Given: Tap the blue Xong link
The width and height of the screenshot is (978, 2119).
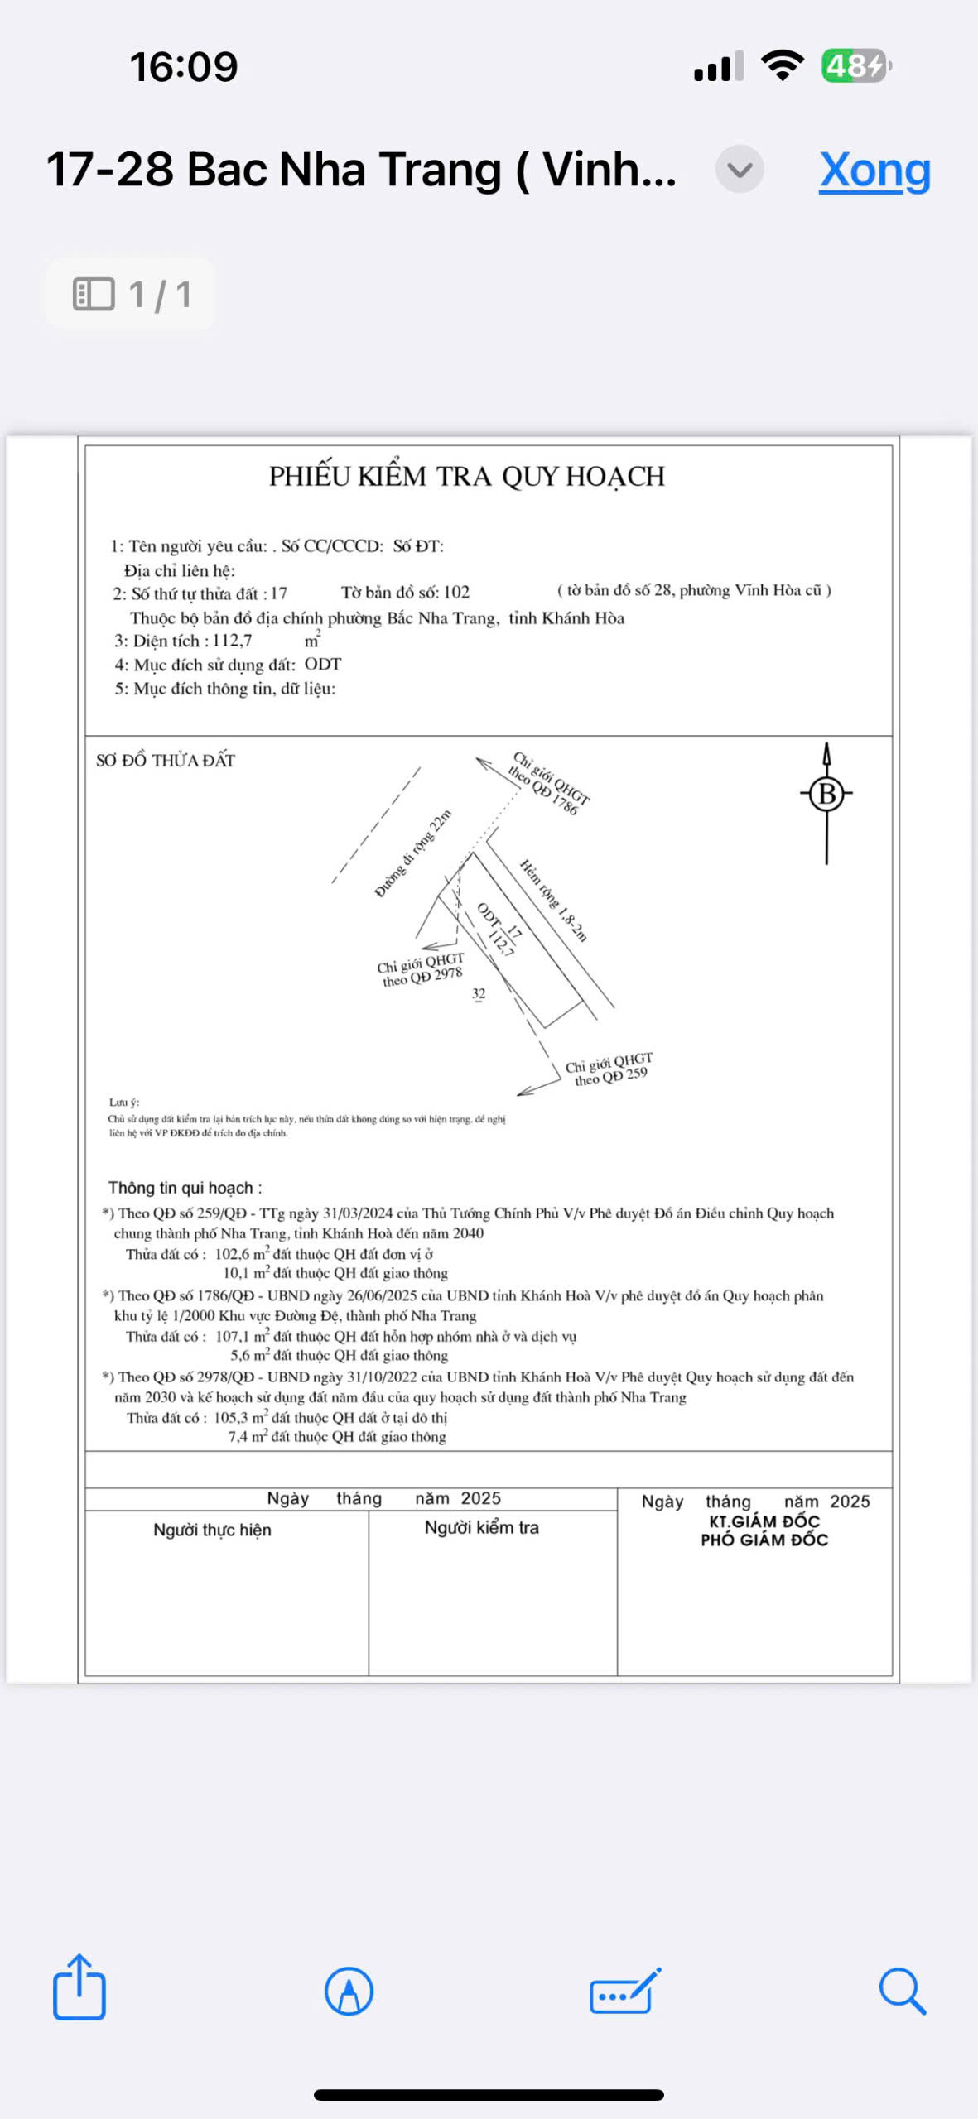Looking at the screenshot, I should click(x=874, y=171).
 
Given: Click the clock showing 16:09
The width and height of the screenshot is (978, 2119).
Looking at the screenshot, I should click(x=183, y=67).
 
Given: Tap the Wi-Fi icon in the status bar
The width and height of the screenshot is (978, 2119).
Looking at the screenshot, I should click(x=783, y=65).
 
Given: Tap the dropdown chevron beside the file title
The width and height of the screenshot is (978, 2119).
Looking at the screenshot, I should click(x=739, y=170).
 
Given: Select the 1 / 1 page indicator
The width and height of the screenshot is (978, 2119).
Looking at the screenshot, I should click(x=132, y=295).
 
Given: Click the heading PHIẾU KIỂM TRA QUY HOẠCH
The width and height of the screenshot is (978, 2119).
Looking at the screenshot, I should click(x=466, y=477).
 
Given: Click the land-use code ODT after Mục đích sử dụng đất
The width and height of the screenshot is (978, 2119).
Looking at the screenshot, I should click(x=322, y=664).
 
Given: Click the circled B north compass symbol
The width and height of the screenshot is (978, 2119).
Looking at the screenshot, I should click(x=826, y=794).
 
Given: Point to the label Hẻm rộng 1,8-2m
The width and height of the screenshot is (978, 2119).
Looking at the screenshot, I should click(x=553, y=900).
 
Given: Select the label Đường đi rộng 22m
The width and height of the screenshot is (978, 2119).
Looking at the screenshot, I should click(x=413, y=853).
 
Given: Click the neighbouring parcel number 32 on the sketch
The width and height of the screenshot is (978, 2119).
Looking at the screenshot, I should click(x=479, y=994).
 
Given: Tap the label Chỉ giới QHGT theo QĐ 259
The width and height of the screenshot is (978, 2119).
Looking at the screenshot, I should click(x=609, y=1069).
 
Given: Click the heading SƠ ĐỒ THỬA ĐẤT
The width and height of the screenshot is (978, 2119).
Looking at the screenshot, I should click(x=166, y=761).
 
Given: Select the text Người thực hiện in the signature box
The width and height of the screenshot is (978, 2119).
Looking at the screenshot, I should click(x=212, y=1530).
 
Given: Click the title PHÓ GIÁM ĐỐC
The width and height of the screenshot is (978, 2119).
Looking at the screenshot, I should click(x=764, y=1540).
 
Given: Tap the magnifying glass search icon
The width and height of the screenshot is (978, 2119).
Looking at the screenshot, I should click(x=901, y=1991).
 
